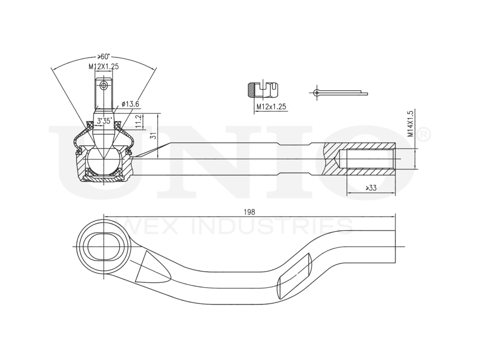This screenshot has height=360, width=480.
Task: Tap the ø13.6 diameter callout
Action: click(x=131, y=103)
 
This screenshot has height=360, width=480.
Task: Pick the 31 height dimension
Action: click(x=153, y=135)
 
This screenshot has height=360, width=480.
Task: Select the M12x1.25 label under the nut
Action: click(x=271, y=107)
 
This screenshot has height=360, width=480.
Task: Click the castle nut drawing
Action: click(x=263, y=90)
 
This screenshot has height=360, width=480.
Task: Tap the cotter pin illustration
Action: click(x=338, y=92)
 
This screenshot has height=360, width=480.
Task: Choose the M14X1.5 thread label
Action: click(x=410, y=124)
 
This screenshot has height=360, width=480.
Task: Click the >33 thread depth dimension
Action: click(x=370, y=188)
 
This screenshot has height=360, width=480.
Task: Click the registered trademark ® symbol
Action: click(x=424, y=135)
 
